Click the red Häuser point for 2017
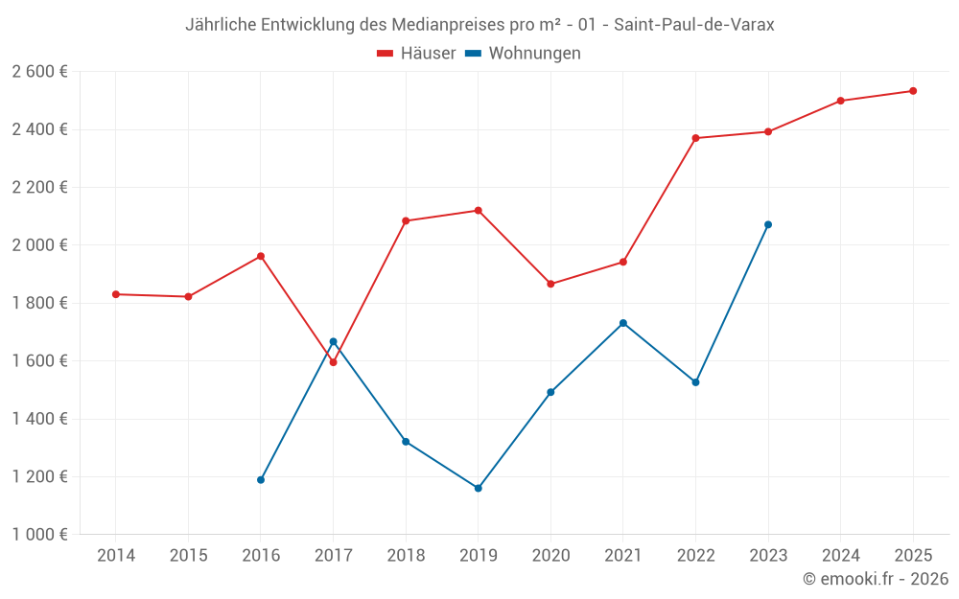point(333,362)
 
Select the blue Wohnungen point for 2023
point(768,224)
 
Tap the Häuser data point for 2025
point(913,91)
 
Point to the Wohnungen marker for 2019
point(479,488)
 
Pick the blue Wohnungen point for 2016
point(261,479)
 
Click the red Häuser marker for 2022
point(695,138)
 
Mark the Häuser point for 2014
point(116,294)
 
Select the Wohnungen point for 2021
point(623,323)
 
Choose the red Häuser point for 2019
point(479,210)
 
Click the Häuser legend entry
point(416,54)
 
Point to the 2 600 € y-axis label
point(39,72)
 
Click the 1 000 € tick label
point(39,535)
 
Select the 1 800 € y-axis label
point(39,303)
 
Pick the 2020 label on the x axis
point(550,556)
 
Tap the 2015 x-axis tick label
point(188,556)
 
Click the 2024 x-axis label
point(840,556)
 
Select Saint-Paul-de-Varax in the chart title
point(694,25)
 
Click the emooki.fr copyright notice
point(876,579)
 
